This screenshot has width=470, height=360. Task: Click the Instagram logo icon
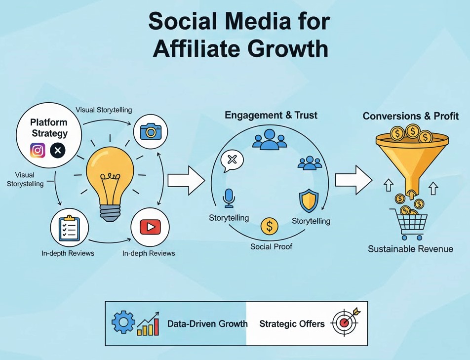click(x=38, y=150)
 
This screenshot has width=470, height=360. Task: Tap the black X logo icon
click(x=58, y=150)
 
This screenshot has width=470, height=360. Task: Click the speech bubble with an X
click(x=232, y=161)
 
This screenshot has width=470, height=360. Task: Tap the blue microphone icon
click(x=229, y=198)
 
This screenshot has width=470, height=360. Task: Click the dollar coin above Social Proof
click(x=269, y=226)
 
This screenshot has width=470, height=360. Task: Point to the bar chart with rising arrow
click(x=148, y=324)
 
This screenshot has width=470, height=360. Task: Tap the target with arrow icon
click(x=346, y=323)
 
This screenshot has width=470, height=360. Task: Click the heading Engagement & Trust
click(x=271, y=116)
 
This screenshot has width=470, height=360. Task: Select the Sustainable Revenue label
click(x=410, y=249)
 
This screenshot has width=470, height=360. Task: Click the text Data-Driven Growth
click(x=207, y=324)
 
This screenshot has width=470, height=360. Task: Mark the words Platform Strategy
click(x=49, y=127)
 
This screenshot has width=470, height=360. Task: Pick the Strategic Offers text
click(x=292, y=324)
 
